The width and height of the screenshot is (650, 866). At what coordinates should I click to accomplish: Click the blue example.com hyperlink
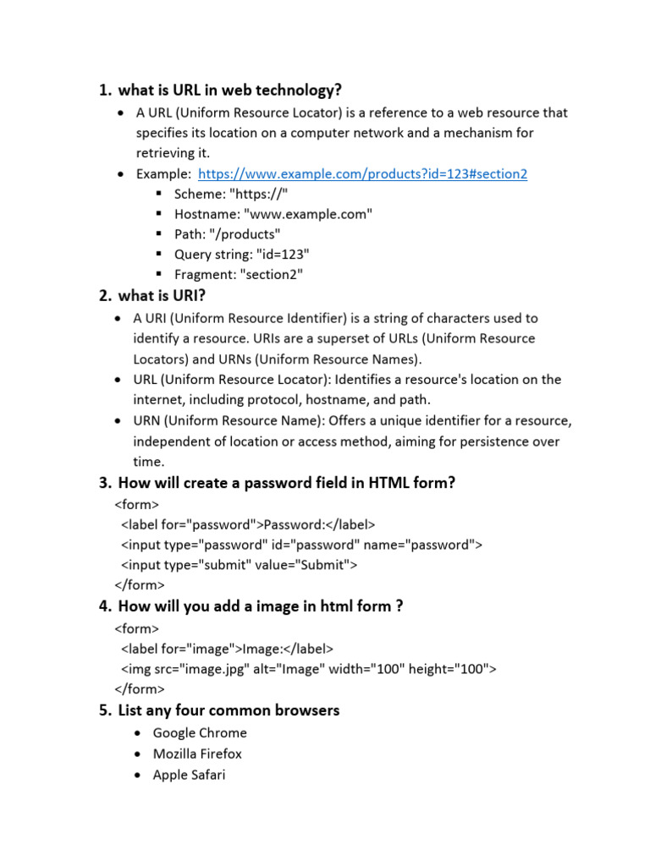[x=362, y=174]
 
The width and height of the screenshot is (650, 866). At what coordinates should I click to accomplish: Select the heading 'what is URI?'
[x=162, y=296]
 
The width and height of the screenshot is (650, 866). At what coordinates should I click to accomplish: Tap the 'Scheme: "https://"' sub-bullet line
[x=237, y=195]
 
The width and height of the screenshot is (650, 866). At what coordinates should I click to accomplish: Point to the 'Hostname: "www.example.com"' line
[x=273, y=215]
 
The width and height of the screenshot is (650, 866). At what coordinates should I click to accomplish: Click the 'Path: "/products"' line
[x=227, y=234]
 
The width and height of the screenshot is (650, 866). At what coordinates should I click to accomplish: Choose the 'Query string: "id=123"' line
[x=242, y=255]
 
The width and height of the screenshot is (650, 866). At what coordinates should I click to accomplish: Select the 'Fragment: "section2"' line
[x=238, y=275]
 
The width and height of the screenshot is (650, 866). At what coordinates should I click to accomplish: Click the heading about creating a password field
[x=286, y=483]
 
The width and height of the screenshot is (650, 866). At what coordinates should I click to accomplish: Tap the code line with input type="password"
[x=301, y=545]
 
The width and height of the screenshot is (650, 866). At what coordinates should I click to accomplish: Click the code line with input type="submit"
[x=240, y=565]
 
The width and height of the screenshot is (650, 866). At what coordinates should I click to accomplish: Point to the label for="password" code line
[x=248, y=524]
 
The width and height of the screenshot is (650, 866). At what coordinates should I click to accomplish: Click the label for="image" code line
[x=228, y=649]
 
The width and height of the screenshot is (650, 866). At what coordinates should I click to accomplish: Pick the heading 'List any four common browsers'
[x=229, y=710]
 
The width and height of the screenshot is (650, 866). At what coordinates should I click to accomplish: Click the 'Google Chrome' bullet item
[x=200, y=733]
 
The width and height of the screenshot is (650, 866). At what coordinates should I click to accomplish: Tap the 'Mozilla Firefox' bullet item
[x=197, y=754]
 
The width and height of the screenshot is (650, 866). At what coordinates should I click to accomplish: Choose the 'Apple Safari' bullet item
[x=189, y=775]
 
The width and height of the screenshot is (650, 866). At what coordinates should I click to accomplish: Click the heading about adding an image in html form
[x=260, y=606]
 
